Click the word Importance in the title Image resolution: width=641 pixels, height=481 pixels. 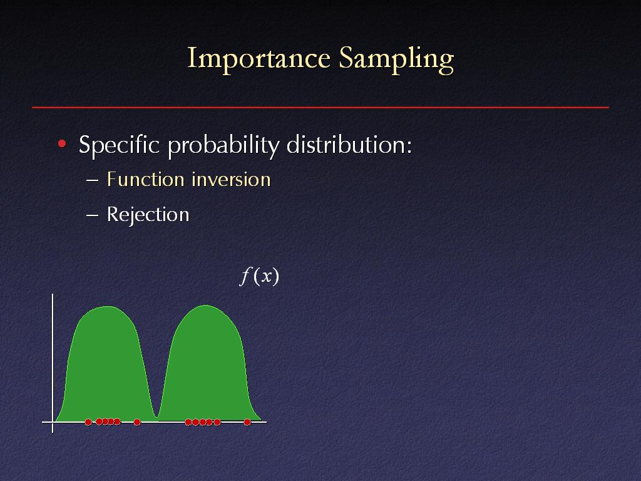click(x=259, y=58)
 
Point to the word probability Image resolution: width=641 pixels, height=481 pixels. click(x=223, y=145)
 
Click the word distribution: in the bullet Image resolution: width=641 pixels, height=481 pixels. click(x=349, y=145)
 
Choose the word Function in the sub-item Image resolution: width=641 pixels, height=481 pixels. click(x=145, y=180)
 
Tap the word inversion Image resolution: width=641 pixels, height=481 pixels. click(x=231, y=180)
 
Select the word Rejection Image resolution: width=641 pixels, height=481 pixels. click(x=148, y=215)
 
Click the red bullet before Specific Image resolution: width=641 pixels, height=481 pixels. click(x=62, y=143)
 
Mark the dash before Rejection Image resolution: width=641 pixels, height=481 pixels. click(x=93, y=215)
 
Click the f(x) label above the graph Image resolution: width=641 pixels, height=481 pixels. click(x=259, y=276)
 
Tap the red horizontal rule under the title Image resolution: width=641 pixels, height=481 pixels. click(x=320, y=107)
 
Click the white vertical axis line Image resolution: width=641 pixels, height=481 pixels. click(x=53, y=363)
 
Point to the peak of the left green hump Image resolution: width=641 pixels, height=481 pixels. click(x=107, y=306)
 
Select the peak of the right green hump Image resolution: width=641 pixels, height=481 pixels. click(x=205, y=306)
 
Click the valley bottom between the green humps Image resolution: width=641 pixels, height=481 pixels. click(x=156, y=417)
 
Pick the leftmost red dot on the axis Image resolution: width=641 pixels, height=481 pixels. click(x=88, y=422)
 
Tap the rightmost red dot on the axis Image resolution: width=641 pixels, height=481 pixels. click(x=247, y=422)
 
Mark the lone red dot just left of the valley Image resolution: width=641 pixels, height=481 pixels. click(x=137, y=422)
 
